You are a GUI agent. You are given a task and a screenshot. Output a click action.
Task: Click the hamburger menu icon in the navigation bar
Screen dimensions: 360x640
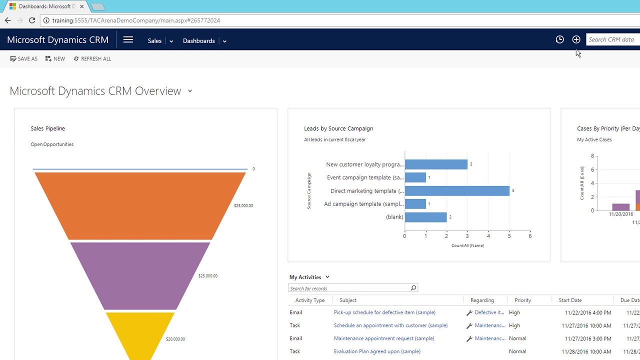pyautogui.click(x=128, y=40)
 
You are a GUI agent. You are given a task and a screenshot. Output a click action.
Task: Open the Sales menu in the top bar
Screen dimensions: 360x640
pyautogui.click(x=154, y=41)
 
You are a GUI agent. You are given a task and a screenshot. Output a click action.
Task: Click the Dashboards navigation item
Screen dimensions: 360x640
pyautogui.click(x=198, y=41)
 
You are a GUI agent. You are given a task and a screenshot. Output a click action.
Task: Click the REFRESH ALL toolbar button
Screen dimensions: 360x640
pyautogui.click(x=92, y=59)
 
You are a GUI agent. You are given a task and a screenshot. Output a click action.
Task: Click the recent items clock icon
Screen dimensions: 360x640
pyautogui.click(x=559, y=39)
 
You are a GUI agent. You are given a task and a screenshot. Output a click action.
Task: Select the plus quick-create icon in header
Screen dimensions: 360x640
pyautogui.click(x=576, y=39)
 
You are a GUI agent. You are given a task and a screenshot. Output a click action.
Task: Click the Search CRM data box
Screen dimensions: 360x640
pyautogui.click(x=612, y=39)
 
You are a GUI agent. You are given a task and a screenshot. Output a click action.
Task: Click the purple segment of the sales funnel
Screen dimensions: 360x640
pyautogui.click(x=140, y=275)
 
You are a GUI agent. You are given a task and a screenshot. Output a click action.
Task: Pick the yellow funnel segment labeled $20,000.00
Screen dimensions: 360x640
pyautogui.click(x=140, y=332)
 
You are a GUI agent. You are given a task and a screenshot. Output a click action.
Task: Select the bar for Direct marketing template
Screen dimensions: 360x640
pyautogui.click(x=457, y=190)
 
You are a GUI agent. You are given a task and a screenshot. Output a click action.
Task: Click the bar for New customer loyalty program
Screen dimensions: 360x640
pyautogui.click(x=436, y=164)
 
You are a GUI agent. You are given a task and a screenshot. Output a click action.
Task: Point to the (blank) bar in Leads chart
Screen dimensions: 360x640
pyautogui.click(x=425, y=217)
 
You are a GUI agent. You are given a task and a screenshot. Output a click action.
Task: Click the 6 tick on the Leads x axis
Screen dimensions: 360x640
pyautogui.click(x=530, y=236)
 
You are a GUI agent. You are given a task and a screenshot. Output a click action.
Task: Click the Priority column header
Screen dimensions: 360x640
pyautogui.click(x=522, y=300)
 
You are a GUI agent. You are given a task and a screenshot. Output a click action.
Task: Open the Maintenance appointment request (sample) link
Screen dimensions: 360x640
pyautogui.click(x=383, y=338)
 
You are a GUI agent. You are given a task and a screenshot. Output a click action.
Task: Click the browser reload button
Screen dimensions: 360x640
pyautogui.click(x=32, y=20)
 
